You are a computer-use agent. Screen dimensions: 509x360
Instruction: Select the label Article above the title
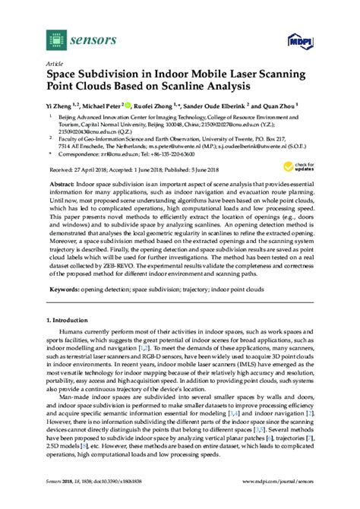click(55, 65)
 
